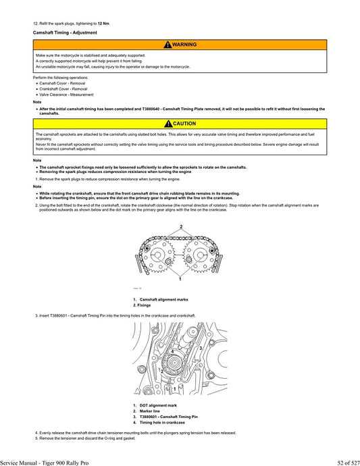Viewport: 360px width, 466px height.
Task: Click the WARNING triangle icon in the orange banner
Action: click(x=166, y=44)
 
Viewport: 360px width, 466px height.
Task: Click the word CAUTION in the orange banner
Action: click(x=184, y=124)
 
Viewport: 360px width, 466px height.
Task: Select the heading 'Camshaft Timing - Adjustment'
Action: click(x=61, y=32)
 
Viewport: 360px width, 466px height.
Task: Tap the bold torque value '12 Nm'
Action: click(x=103, y=23)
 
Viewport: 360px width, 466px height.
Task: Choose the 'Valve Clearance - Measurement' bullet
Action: click(x=66, y=95)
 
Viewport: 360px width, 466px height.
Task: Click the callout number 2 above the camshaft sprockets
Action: click(x=181, y=226)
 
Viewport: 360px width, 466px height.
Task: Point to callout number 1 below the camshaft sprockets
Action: click(x=180, y=279)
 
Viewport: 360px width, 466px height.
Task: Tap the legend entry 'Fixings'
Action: click(x=143, y=305)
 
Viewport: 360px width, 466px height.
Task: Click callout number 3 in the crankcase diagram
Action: click(x=201, y=347)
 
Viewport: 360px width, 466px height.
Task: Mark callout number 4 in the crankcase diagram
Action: click(x=172, y=353)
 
